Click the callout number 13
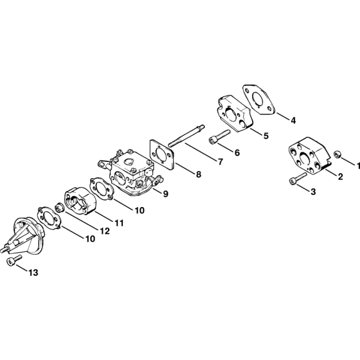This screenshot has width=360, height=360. (33, 273)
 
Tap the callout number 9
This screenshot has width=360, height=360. (166, 194)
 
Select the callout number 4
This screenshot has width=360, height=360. (293, 120)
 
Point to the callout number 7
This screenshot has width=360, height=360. (221, 162)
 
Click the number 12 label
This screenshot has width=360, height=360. (105, 231)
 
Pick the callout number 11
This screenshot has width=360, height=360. (119, 223)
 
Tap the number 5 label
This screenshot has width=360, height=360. (265, 136)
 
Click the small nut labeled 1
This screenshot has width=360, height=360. (337, 154)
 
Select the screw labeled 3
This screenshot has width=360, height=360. (298, 178)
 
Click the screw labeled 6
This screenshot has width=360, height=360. (219, 137)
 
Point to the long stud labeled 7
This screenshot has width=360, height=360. (186, 136)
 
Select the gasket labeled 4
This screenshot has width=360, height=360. (258, 99)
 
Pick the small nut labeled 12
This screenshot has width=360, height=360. (59, 207)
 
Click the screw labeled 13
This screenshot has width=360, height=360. (14, 260)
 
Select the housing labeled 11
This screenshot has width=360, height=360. (80, 201)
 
